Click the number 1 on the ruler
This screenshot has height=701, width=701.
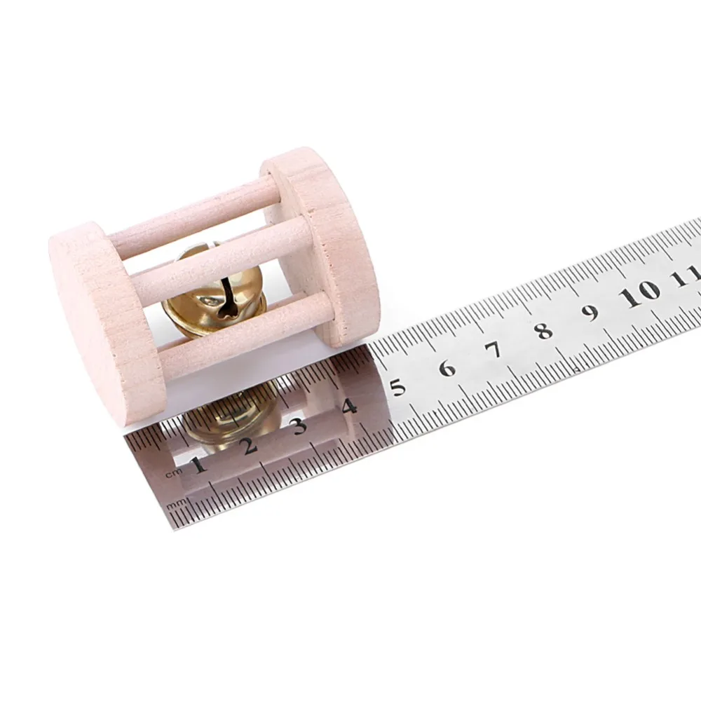[199, 465]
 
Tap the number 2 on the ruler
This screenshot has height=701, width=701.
[250, 445]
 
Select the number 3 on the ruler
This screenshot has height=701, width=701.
[299, 426]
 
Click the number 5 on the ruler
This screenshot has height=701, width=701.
[398, 387]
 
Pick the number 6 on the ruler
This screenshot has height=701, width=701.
[447, 369]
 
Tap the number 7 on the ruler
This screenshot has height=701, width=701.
[494, 350]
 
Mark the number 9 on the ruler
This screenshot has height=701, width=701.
[591, 312]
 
